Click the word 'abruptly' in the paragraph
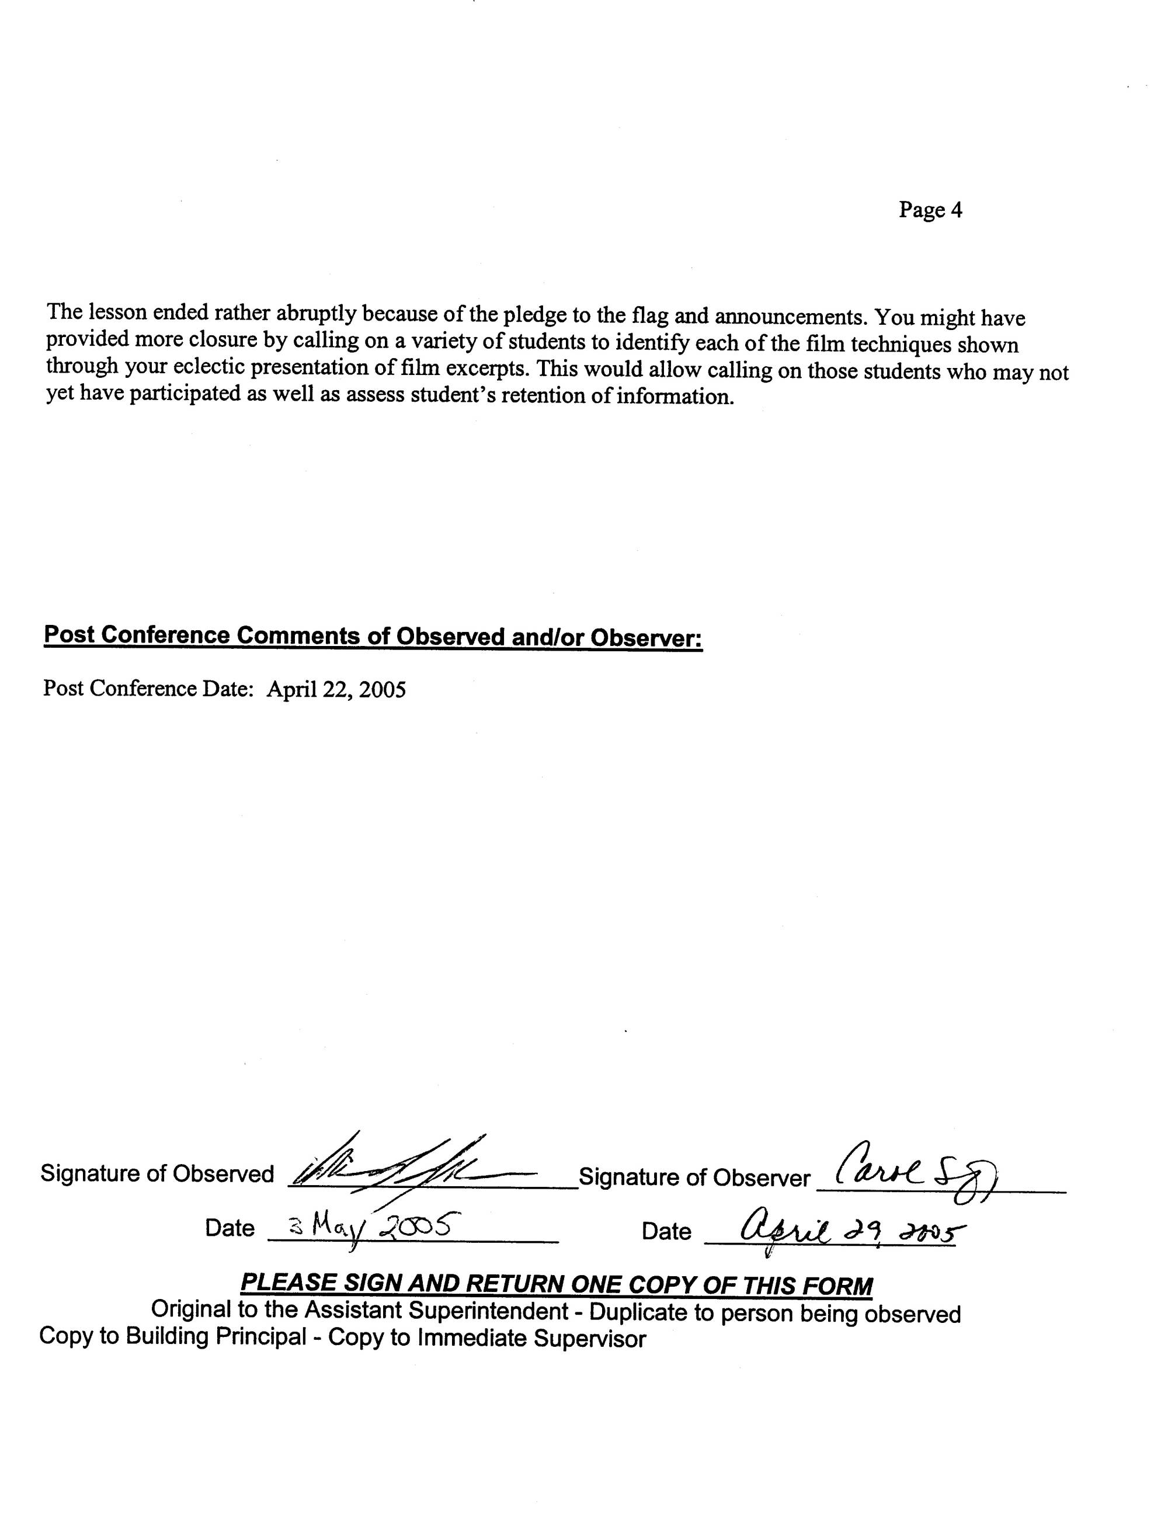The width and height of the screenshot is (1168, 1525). [317, 314]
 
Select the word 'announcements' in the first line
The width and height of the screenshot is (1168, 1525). [791, 317]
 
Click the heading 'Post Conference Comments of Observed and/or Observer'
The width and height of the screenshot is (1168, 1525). [373, 635]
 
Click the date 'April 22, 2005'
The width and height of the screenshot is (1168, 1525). [336, 689]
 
